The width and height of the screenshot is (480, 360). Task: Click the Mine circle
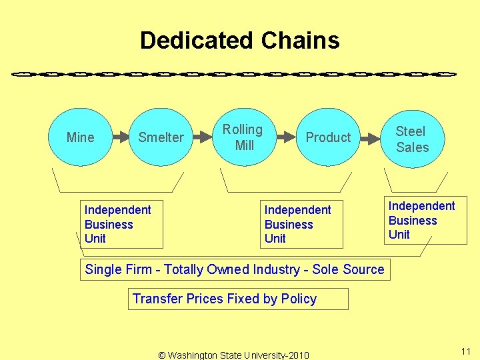pos(81,137)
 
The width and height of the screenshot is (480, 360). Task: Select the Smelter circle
pos(161,137)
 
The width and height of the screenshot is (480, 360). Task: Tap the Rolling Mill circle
pos(243,137)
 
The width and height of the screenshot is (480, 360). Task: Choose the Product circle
pos(328,137)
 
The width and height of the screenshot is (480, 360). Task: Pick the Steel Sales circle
pos(412,139)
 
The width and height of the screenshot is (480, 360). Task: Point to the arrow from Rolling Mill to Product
pos(285,137)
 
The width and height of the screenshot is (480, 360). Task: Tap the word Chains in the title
pos(301,41)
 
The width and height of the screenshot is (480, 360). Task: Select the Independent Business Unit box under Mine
pos(121,224)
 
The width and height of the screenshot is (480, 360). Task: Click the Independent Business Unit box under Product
pos(301,224)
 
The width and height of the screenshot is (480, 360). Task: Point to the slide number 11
pos(465,351)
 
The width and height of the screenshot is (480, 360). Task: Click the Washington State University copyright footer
pos(234,355)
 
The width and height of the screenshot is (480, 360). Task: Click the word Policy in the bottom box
pos(298,299)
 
